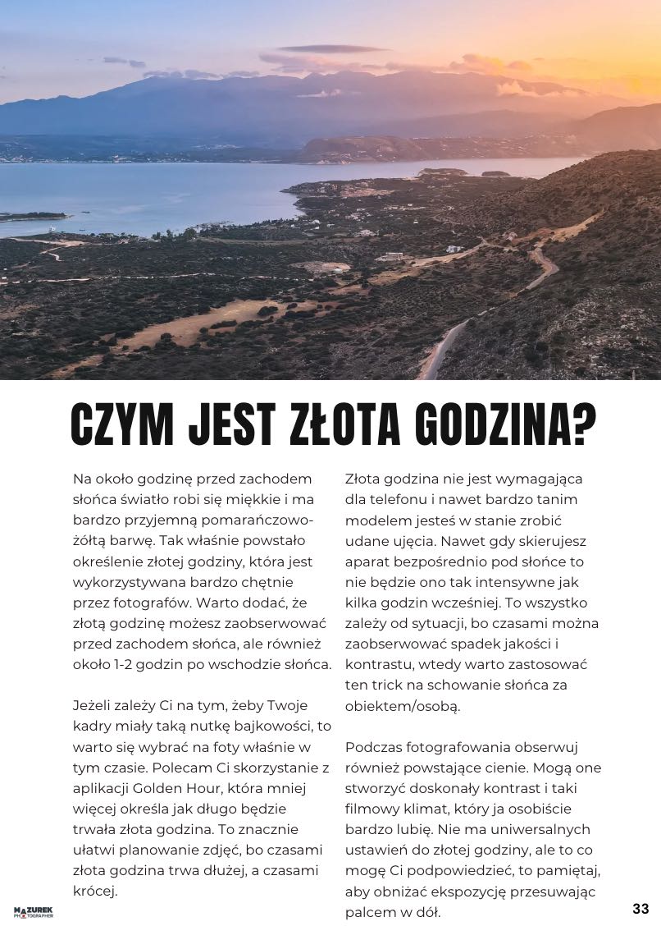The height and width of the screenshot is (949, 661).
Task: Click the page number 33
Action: [x=640, y=909]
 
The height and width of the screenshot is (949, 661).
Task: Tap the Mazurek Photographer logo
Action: [x=34, y=912]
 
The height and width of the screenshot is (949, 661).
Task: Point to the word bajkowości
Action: [x=279, y=727]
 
